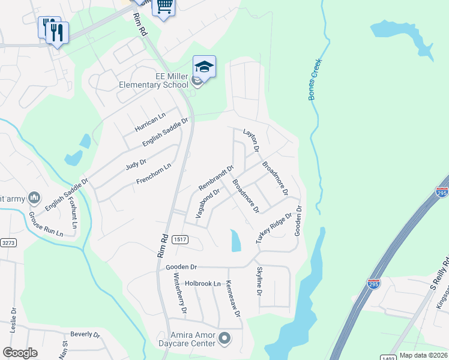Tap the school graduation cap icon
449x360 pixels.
(204, 67)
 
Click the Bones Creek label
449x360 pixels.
(316, 79)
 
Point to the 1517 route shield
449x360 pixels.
(178, 239)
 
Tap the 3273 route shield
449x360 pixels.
(8, 244)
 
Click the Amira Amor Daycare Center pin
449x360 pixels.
(225, 339)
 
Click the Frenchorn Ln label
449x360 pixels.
(153, 174)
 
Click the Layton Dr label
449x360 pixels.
(251, 139)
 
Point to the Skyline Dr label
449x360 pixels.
(259, 281)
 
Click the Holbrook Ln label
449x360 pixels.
(203, 283)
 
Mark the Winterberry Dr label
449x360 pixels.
(180, 295)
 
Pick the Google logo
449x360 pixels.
(20, 353)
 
